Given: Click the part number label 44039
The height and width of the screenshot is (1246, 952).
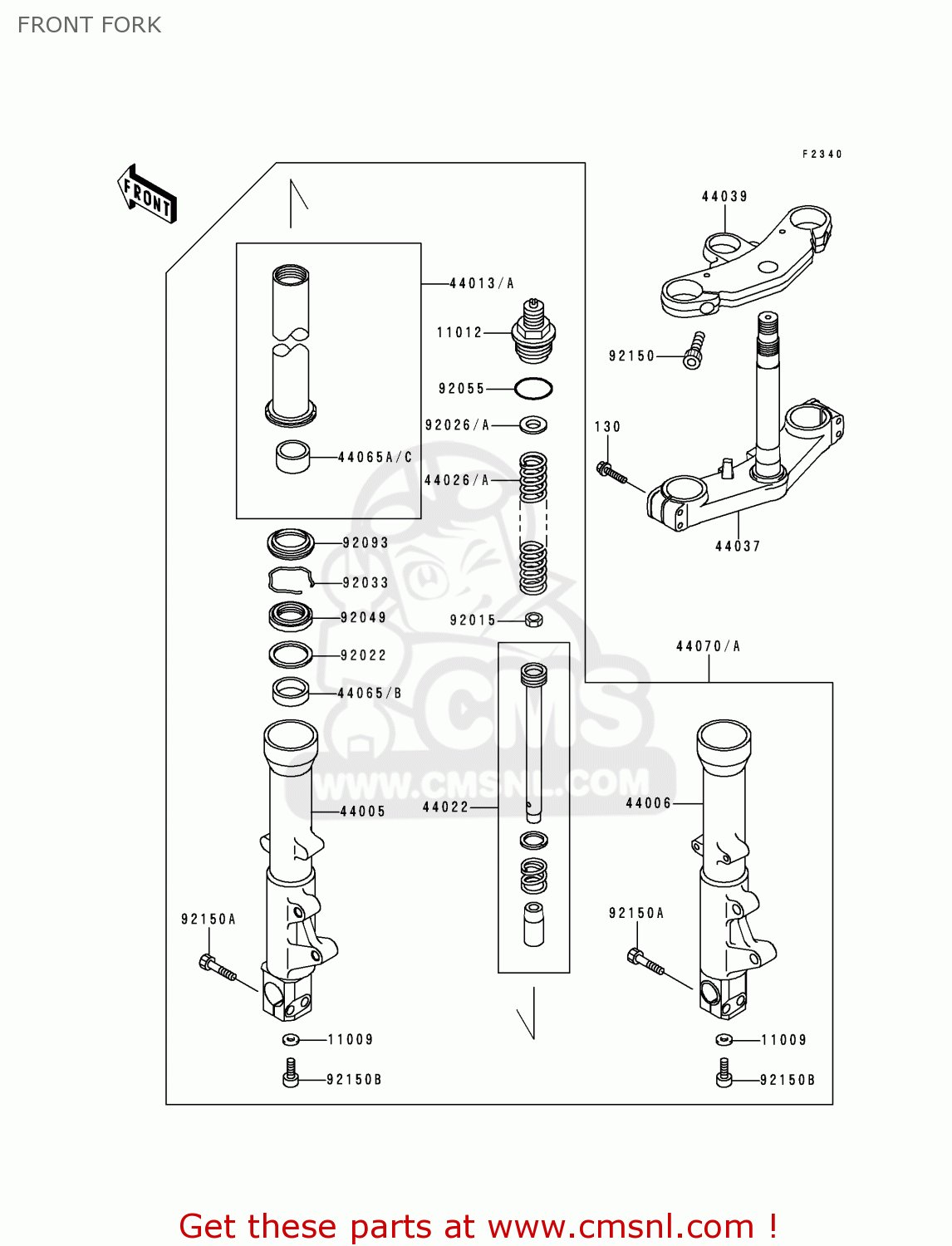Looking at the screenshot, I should (x=724, y=197).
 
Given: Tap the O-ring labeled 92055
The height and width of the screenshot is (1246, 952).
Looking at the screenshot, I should (x=533, y=389).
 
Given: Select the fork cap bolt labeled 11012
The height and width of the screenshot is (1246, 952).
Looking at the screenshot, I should (x=534, y=332).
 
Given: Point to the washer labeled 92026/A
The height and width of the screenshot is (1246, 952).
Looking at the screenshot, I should (x=533, y=425).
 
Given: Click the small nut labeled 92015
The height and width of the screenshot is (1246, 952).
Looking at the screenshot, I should (x=534, y=620).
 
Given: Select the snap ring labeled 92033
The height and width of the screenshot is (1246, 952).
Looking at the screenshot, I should (x=290, y=579).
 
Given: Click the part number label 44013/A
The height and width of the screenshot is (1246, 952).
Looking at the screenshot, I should (x=482, y=283).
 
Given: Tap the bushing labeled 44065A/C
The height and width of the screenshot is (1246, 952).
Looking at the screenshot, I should (x=292, y=457).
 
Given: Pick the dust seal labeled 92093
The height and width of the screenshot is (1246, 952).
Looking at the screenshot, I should (x=291, y=544).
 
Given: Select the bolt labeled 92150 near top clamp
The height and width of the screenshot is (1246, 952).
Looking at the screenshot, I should (x=694, y=351).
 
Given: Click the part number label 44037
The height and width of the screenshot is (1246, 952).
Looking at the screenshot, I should (x=738, y=547).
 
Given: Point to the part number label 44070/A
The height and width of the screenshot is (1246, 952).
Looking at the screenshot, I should (x=708, y=646).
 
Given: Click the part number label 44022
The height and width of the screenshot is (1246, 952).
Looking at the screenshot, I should (x=445, y=807).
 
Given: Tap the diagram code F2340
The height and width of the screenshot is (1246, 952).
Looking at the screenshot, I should (x=822, y=155).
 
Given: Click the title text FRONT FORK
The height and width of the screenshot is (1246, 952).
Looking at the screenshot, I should (x=90, y=25).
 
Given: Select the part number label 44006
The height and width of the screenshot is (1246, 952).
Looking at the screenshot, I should (x=648, y=803).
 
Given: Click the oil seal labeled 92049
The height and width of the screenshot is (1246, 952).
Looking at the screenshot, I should (x=291, y=616).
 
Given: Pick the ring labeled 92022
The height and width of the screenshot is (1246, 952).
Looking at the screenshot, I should (x=291, y=655).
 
